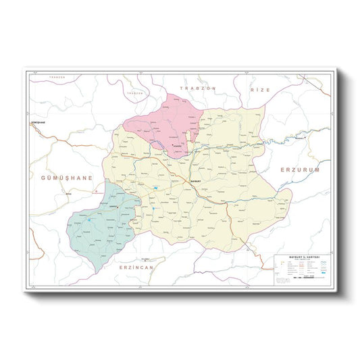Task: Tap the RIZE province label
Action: point(259,89)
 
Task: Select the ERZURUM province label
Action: point(299,170)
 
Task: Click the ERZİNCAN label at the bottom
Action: point(135,267)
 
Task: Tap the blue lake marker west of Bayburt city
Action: point(155,186)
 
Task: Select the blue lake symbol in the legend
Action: point(318,274)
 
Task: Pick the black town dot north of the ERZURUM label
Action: point(304,139)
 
